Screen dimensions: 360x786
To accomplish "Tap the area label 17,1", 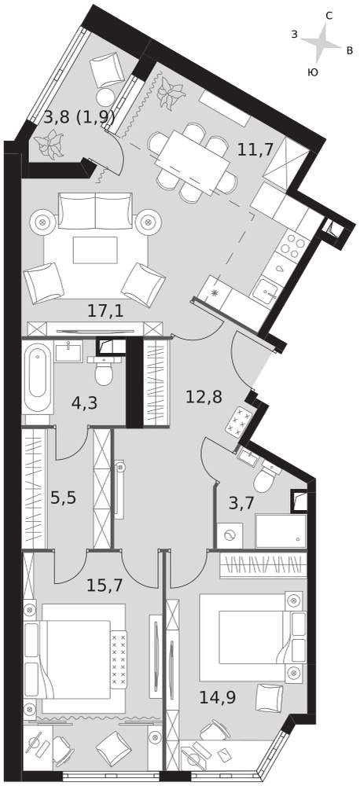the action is tap(105, 311).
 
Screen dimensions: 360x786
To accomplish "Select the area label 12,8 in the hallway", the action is tap(204, 397).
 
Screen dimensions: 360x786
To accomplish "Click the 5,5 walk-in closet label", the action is tap(63, 498).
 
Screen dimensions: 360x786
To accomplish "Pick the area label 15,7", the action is tap(105, 585).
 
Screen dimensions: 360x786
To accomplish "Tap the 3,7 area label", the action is tap(241, 503).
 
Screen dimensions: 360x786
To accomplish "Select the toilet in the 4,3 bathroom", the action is tap(104, 370).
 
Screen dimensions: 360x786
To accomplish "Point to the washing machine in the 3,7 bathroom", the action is tap(230, 535).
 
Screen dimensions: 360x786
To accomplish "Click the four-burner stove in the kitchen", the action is tap(293, 246).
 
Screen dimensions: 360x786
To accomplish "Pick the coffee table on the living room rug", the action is tap(95, 250).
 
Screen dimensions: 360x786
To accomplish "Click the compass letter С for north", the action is tap(329, 16).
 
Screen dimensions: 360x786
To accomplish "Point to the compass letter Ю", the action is tap(312, 72).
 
